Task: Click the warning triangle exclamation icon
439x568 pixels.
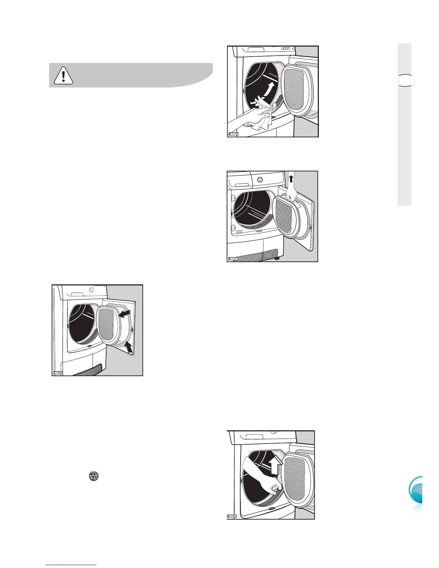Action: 63,75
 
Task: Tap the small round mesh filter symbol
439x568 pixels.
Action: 94,476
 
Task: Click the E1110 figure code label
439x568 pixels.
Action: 234,134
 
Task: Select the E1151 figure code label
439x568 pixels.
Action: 233,259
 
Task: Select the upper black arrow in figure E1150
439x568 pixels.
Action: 125,314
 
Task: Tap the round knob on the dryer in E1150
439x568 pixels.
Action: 92,289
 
